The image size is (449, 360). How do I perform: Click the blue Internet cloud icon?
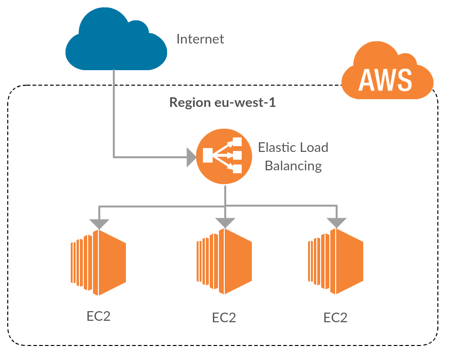(x=116, y=40)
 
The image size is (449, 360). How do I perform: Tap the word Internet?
(x=200, y=39)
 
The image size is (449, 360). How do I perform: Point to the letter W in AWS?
(x=386, y=80)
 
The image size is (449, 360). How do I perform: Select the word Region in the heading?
(x=189, y=103)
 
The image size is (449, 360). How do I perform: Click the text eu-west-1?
(x=245, y=103)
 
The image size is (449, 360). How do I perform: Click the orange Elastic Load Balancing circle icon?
(x=224, y=156)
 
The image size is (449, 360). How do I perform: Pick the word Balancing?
(x=293, y=166)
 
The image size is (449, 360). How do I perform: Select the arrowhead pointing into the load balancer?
(x=191, y=157)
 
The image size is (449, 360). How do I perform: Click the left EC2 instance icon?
(x=98, y=263)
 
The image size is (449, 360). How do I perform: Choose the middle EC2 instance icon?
(x=224, y=262)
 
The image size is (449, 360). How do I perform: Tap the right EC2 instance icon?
(x=336, y=262)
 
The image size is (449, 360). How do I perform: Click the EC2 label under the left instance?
(x=98, y=316)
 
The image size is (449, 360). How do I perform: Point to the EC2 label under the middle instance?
(x=224, y=318)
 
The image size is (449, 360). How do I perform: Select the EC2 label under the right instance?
(x=335, y=318)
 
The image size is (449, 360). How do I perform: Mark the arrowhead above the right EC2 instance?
(x=337, y=223)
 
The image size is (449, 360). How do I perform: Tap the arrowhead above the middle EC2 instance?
(x=225, y=223)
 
